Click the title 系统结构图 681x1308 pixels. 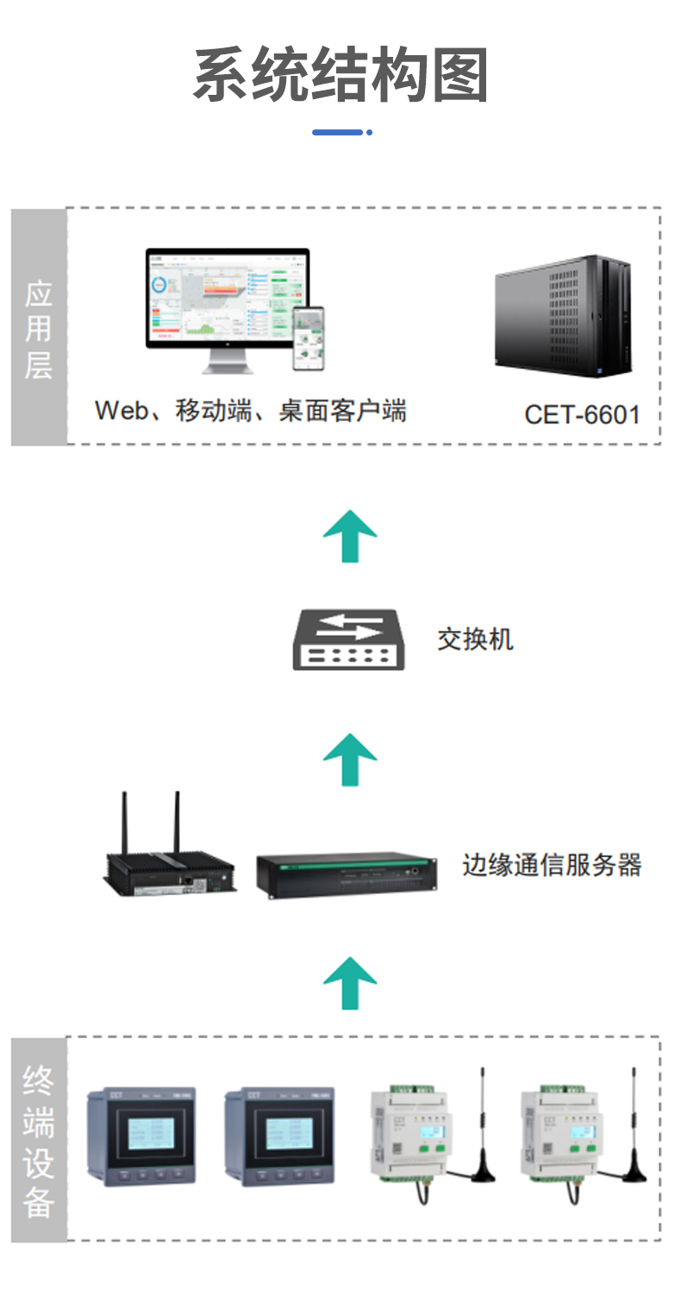point(341,76)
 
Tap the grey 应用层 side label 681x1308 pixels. point(39,327)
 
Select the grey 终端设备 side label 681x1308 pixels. point(39,1139)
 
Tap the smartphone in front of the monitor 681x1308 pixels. point(308,338)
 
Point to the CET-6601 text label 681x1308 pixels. point(582,415)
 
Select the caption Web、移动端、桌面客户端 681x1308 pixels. point(250,410)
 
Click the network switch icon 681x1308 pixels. point(348,640)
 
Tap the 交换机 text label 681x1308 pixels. point(475,639)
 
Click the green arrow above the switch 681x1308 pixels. point(350,535)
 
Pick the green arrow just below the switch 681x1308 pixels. point(350,760)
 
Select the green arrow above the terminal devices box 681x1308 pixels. point(350,982)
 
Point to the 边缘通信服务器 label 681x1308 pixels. point(552,865)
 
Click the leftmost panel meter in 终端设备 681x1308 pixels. point(141,1136)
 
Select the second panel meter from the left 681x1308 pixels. point(278,1136)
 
